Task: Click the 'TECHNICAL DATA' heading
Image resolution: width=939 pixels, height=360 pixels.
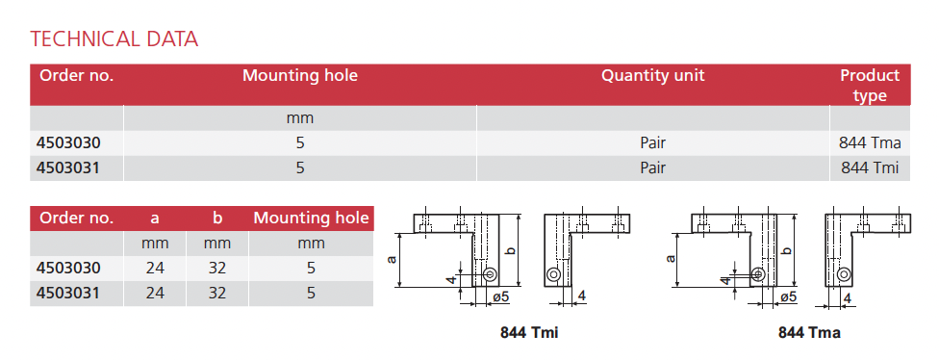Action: pyautogui.click(x=114, y=39)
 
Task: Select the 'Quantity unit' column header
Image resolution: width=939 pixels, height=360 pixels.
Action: pyautogui.click(x=652, y=75)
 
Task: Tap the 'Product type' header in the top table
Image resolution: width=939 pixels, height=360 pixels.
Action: pyautogui.click(x=870, y=85)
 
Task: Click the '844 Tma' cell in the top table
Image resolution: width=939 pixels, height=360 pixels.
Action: pyautogui.click(x=870, y=143)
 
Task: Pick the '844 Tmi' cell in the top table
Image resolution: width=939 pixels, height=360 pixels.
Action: pyautogui.click(x=870, y=167)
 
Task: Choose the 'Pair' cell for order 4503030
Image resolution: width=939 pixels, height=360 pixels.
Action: pyautogui.click(x=652, y=143)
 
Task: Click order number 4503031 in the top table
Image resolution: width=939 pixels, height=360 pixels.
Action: pyautogui.click(x=68, y=167)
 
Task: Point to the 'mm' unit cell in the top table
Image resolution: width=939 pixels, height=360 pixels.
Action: pyautogui.click(x=300, y=118)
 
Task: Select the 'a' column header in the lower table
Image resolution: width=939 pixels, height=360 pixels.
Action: pyautogui.click(x=155, y=219)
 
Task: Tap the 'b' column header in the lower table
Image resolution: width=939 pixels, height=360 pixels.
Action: pyautogui.click(x=216, y=219)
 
